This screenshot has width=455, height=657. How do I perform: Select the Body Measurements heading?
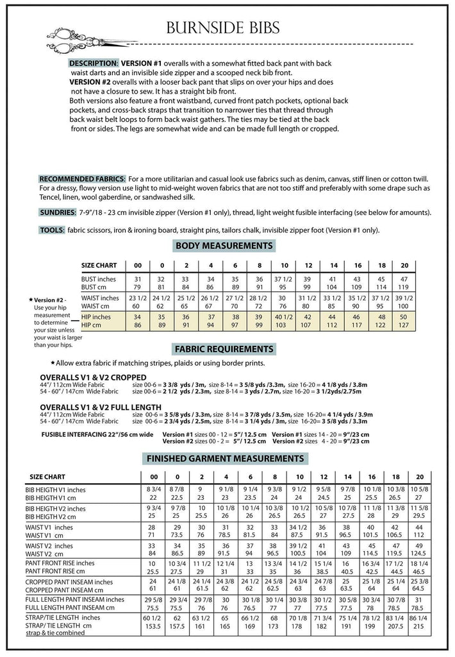[x=224, y=246]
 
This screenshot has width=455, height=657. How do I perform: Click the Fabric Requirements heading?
[x=224, y=349]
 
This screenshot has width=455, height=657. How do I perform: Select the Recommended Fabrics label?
[x=83, y=178]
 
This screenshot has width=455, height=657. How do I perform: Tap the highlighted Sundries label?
[x=57, y=212]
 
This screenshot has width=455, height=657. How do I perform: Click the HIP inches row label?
[x=95, y=317]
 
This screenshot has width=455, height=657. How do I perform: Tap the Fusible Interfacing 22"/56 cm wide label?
[x=88, y=434]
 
